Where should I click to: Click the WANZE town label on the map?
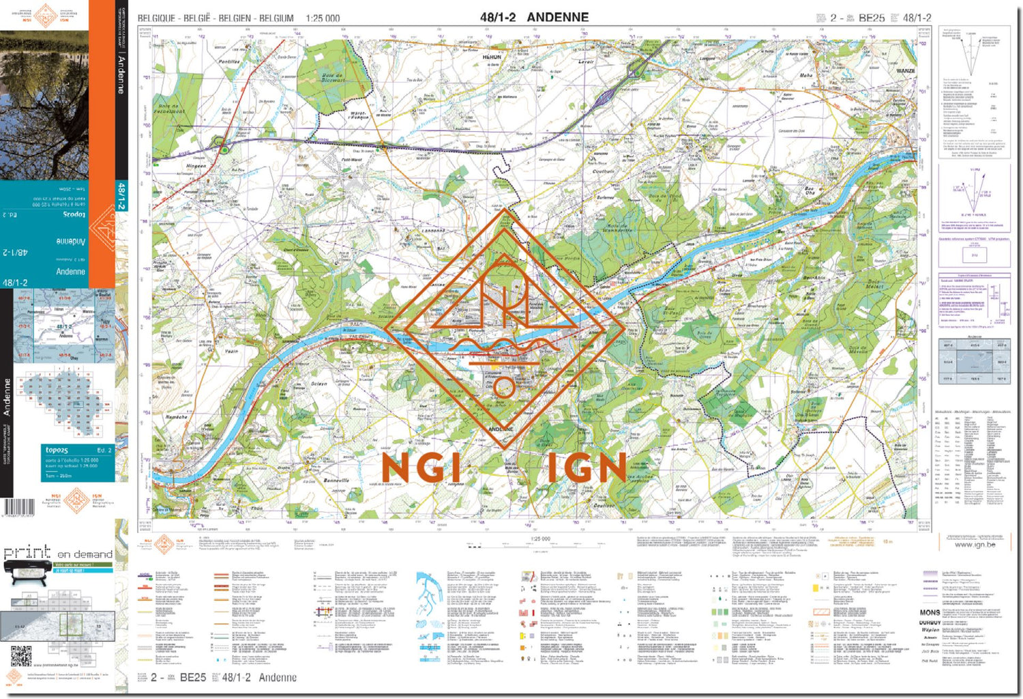pyautogui.click(x=906, y=71)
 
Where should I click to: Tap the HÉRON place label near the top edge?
pyautogui.click(x=492, y=58)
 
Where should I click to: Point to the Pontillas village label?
pyautogui.click(x=228, y=61)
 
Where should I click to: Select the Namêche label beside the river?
pyautogui.click(x=177, y=416)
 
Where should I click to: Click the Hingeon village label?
pyautogui.click(x=196, y=166)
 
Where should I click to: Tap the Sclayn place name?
pyautogui.click(x=318, y=384)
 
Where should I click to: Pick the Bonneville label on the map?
pyautogui.click(x=336, y=481)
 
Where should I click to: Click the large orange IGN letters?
pyautogui.click(x=586, y=468)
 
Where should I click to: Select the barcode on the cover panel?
pyautogui.click(x=18, y=507)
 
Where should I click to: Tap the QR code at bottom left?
pyautogui.click(x=21, y=656)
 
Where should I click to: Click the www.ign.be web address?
pyautogui.click(x=975, y=544)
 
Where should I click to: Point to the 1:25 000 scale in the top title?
pyautogui.click(x=323, y=18)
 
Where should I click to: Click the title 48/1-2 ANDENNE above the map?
pyautogui.click(x=533, y=17)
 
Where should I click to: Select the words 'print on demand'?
pyautogui.click(x=57, y=553)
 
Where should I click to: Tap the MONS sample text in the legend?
pyautogui.click(x=930, y=612)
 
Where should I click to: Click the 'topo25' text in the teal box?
pyautogui.click(x=57, y=451)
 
